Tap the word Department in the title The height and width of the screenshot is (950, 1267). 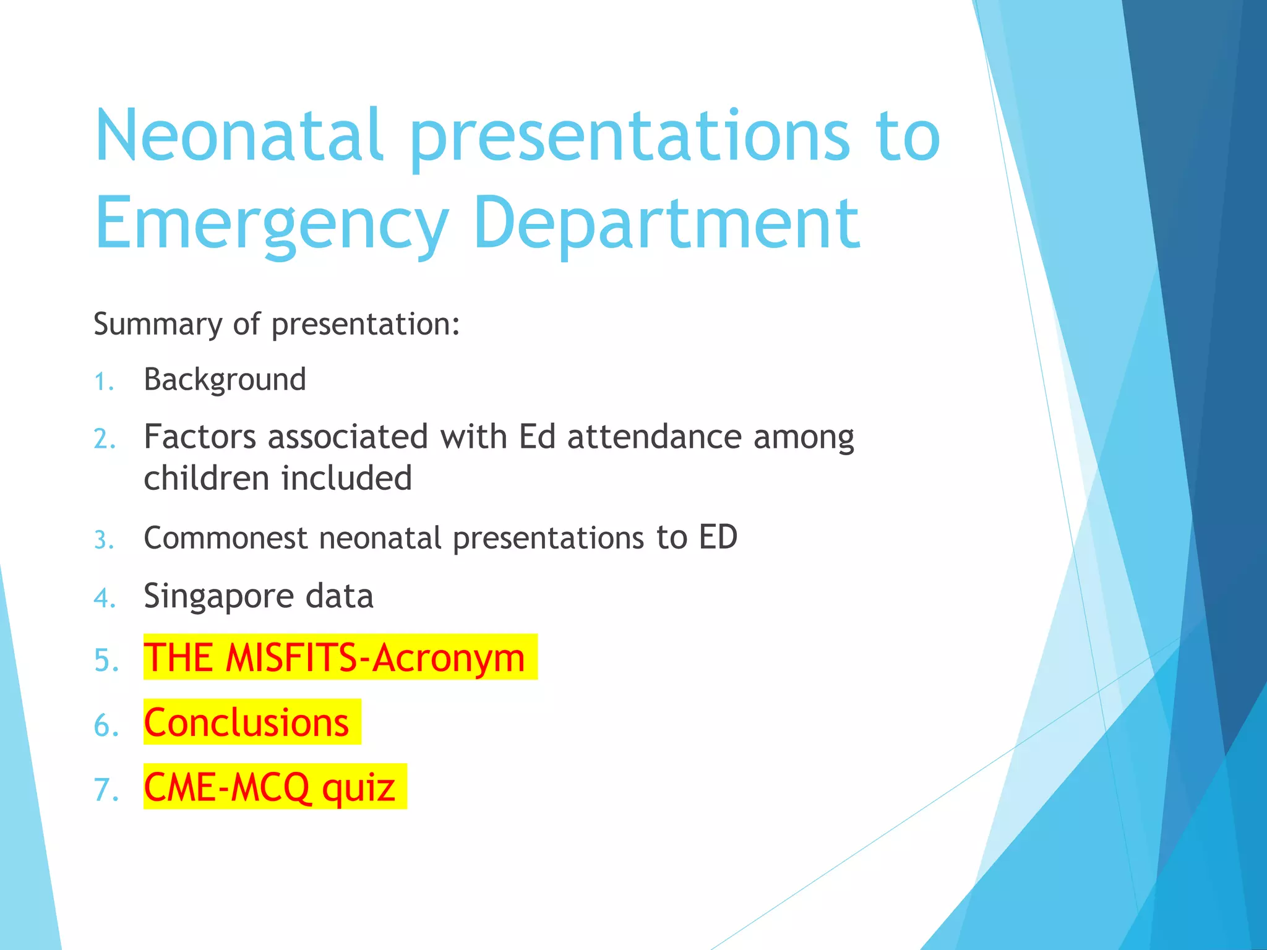click(x=666, y=224)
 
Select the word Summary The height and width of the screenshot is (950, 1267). click(x=157, y=324)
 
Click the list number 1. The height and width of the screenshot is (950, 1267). click(x=103, y=382)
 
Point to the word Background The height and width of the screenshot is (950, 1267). click(x=225, y=380)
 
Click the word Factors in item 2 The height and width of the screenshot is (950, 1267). click(x=199, y=437)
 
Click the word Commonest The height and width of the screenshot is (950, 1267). click(x=225, y=537)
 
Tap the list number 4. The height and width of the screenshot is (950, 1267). click(x=105, y=599)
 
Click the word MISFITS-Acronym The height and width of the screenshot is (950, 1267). click(x=375, y=657)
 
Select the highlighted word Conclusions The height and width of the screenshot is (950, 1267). click(x=246, y=722)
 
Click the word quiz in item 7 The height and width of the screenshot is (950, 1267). click(x=358, y=787)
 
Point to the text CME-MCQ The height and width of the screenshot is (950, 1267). click(x=226, y=787)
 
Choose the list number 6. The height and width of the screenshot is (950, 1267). click(x=106, y=725)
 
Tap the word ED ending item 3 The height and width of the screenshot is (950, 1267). click(x=718, y=537)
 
